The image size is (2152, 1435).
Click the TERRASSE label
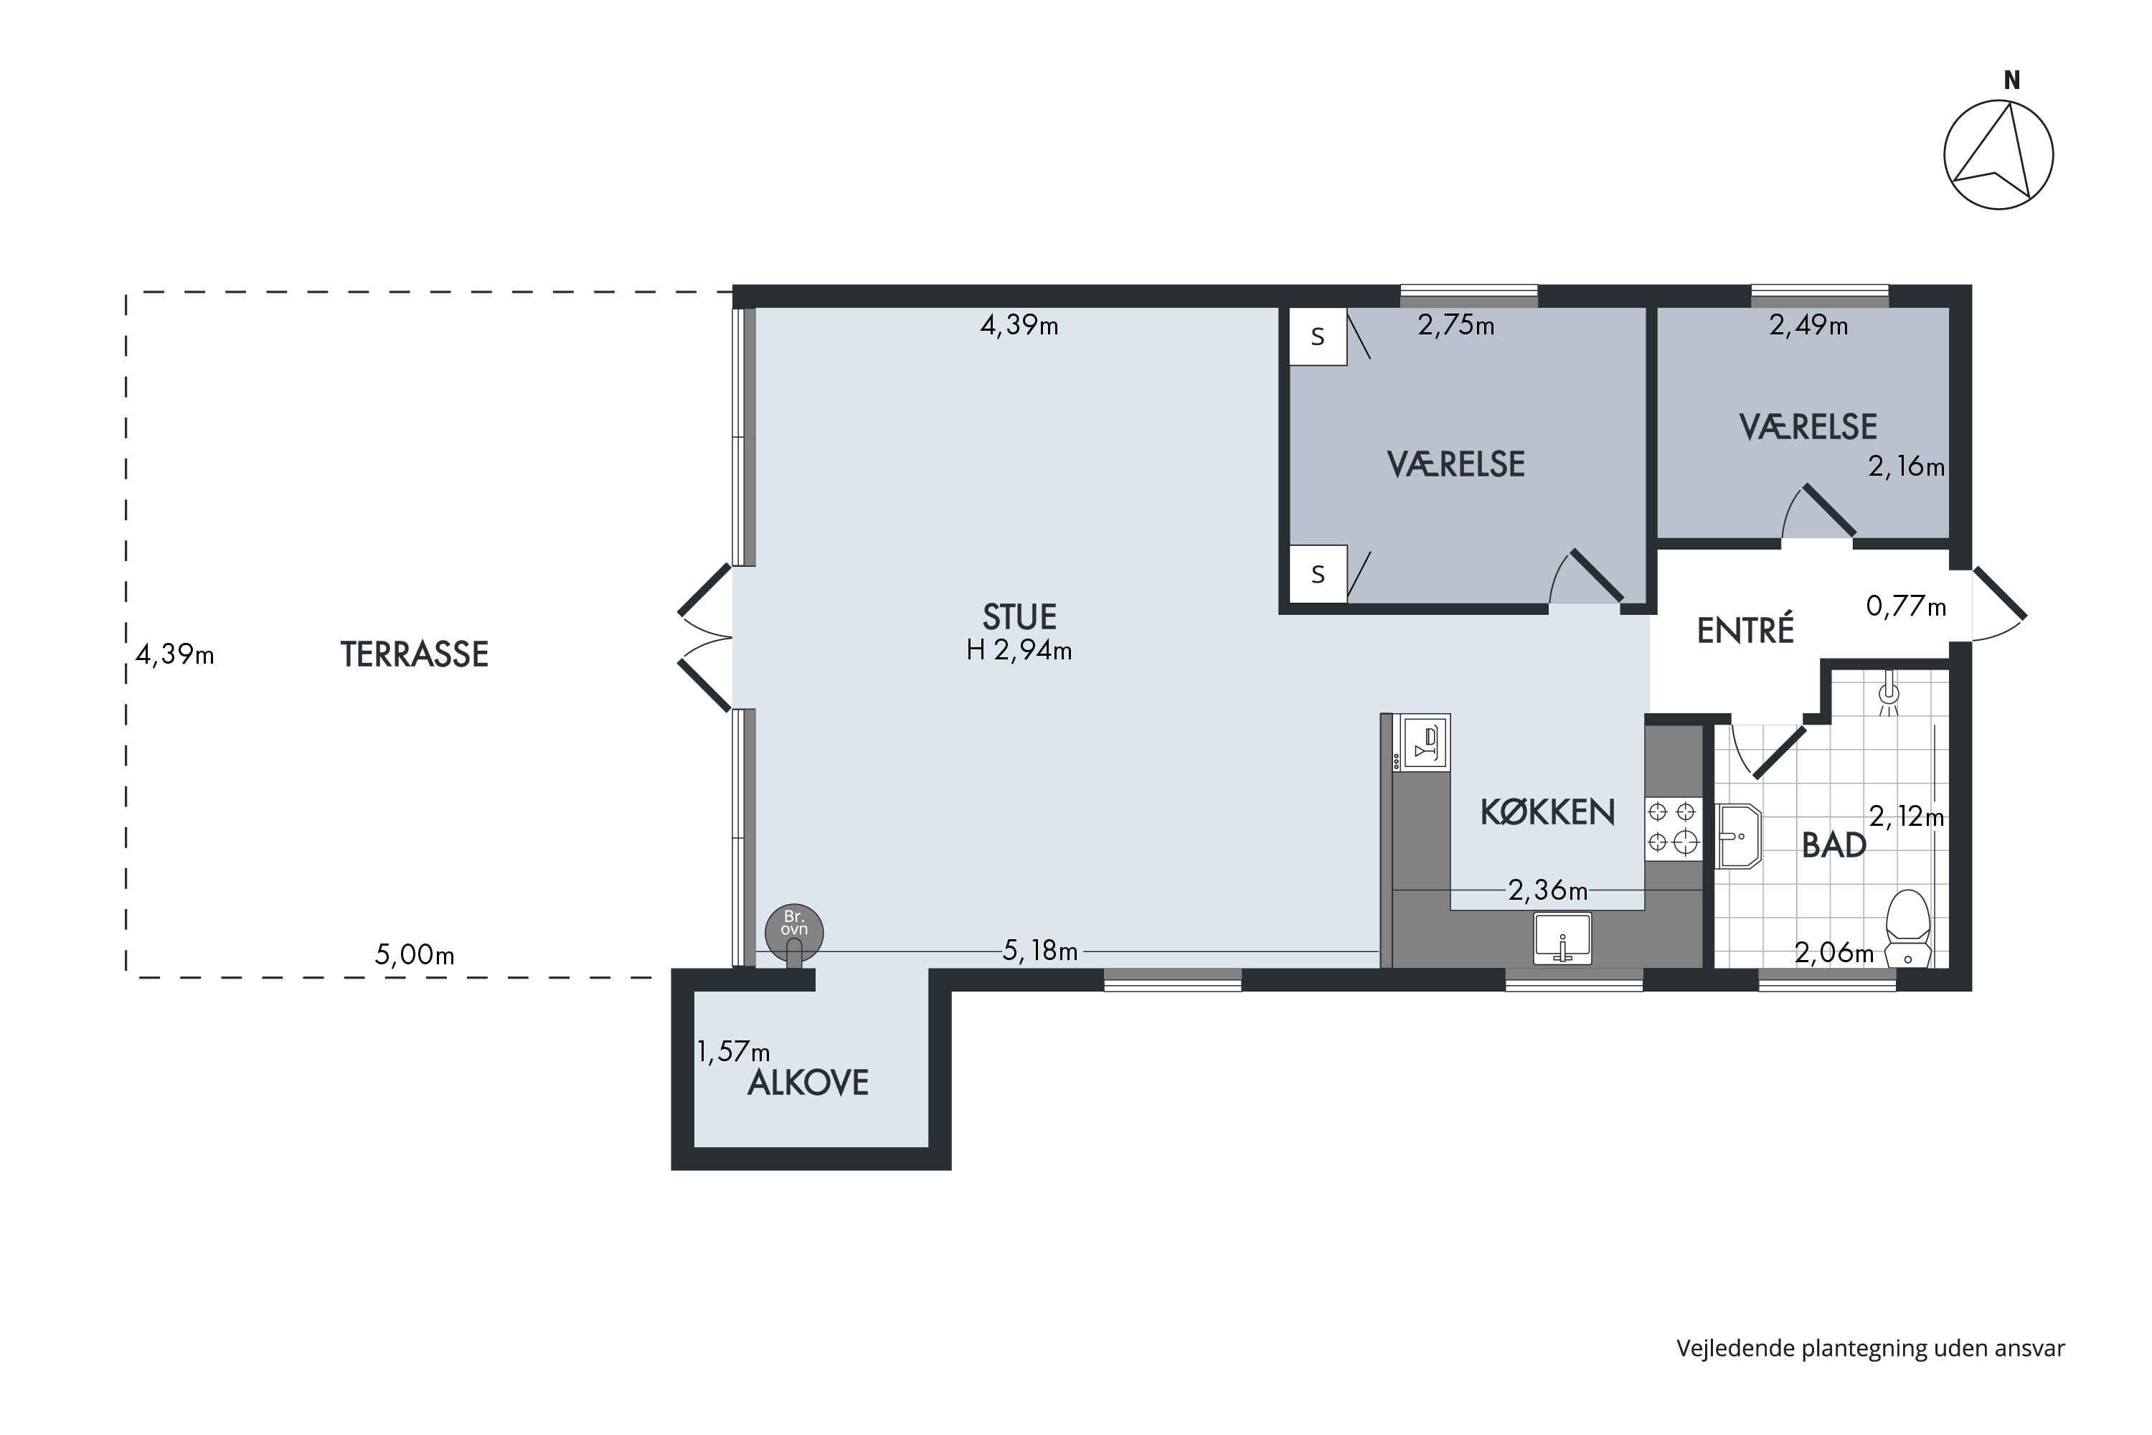click(415, 654)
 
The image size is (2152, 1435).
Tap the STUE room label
click(1019, 617)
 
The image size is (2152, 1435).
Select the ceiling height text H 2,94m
click(1019, 651)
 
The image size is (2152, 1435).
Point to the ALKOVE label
click(808, 1083)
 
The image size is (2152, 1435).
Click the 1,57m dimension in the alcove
click(733, 1052)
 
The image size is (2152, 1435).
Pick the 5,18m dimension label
click(1040, 951)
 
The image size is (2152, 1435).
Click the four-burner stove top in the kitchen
click(1673, 828)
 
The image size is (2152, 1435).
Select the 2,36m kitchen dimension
click(1547, 890)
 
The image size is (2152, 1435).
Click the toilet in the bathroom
click(1909, 928)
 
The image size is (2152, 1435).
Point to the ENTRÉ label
click(1745, 631)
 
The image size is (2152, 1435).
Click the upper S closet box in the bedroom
click(1318, 337)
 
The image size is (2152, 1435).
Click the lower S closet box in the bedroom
click(1318, 574)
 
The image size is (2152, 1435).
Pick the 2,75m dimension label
click(1455, 325)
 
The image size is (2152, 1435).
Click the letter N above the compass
click(2012, 80)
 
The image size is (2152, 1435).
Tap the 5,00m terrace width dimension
click(415, 956)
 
